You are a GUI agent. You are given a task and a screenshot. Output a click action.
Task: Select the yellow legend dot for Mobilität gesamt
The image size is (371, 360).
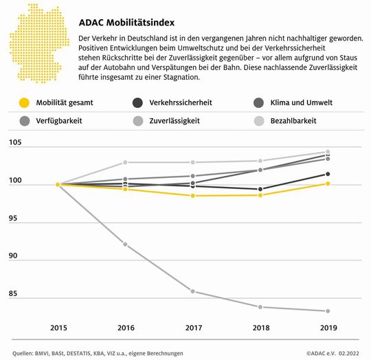[24, 103]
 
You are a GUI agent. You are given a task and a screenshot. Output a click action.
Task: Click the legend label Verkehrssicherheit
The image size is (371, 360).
[181, 103]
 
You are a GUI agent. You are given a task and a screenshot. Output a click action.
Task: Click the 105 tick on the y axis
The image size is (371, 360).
[16, 144]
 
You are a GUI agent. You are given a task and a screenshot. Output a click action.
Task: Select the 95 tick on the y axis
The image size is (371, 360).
[14, 219]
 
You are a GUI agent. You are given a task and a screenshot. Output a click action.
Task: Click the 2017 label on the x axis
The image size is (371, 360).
[193, 326]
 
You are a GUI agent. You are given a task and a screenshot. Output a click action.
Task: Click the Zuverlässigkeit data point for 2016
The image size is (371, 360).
[124, 244]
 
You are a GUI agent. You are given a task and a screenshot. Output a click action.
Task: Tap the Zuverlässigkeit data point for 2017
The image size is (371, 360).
[193, 291]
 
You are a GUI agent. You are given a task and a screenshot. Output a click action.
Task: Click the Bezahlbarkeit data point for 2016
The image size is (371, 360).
[124, 163]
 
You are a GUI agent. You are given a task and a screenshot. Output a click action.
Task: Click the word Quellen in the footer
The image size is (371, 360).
[26, 353]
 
